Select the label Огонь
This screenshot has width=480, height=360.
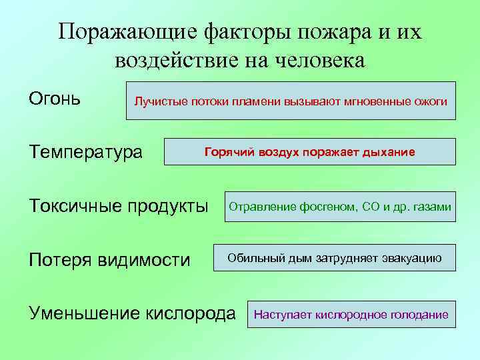[x=55, y=99]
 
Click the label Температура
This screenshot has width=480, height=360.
[x=85, y=152]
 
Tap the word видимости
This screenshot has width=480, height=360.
[x=144, y=259]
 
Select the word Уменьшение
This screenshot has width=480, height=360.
[x=83, y=313]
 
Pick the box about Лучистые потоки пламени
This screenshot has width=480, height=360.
[x=291, y=101]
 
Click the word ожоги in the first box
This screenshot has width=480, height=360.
[x=430, y=101]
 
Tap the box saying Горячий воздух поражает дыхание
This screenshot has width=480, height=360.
[x=309, y=152]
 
